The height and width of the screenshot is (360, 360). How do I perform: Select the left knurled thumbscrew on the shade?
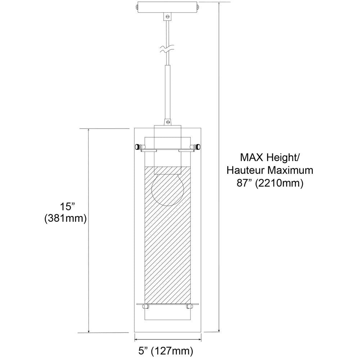[x=138, y=146]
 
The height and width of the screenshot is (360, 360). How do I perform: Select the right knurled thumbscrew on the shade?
[x=197, y=146]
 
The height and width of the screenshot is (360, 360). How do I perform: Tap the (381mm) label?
[x=66, y=219]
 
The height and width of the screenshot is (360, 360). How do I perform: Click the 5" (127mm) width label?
[x=166, y=351]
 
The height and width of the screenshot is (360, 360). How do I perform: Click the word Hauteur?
[x=246, y=170]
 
